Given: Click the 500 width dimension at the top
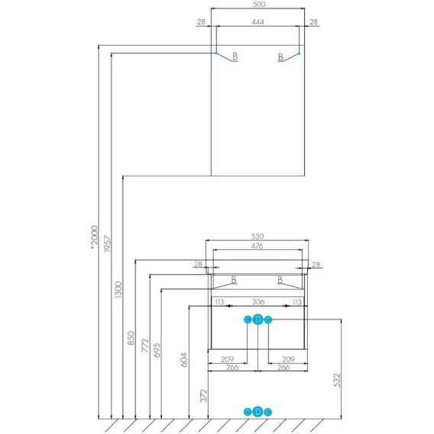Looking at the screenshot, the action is (259, 4).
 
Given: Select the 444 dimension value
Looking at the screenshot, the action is (257, 22).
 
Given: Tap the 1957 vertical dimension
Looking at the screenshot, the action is (107, 244).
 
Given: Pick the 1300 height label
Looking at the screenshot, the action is (118, 290).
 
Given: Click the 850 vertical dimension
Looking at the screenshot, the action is (131, 338).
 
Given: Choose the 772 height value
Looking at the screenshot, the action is (145, 345).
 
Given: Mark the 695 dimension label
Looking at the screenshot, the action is (157, 351).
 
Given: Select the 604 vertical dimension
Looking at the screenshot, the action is (184, 360).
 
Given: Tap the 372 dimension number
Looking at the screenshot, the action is (204, 396).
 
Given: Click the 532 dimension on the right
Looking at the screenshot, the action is (337, 381).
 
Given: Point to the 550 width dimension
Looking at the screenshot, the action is (257, 236).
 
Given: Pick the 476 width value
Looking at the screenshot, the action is (257, 246).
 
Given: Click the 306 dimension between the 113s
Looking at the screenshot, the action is (258, 302).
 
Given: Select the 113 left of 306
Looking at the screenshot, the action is (219, 302).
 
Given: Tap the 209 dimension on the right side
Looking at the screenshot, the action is (288, 359).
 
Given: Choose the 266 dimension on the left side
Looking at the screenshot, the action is (232, 368).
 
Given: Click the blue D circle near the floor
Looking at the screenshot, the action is (257, 412).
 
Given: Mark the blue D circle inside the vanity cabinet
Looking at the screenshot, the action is (257, 319).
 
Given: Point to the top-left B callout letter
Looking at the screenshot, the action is (235, 57).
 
